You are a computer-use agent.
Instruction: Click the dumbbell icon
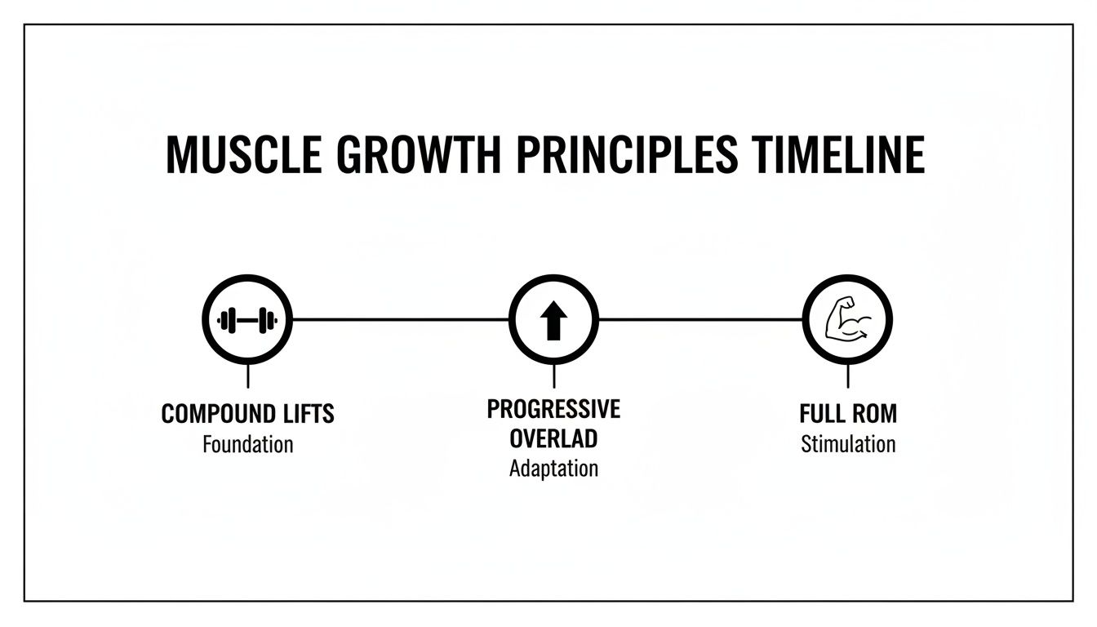[247, 320]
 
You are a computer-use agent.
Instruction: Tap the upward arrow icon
[554, 320]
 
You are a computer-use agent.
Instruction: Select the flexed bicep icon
[848, 320]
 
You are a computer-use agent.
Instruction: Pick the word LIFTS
[308, 415]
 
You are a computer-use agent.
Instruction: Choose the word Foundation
[247, 445]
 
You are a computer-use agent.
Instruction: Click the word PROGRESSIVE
[554, 409]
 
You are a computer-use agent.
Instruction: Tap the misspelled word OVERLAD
[554, 439]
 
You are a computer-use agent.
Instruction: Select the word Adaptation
[554, 469]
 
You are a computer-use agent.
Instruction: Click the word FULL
[822, 414]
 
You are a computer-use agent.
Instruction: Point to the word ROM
[875, 414]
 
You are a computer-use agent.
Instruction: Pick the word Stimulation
[848, 445]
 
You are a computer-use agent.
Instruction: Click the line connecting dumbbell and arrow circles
[400, 320]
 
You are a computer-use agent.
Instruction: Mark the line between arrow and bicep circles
[700, 320]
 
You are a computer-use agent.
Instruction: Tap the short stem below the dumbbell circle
[247, 376]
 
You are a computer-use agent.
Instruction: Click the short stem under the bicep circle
[848, 376]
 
